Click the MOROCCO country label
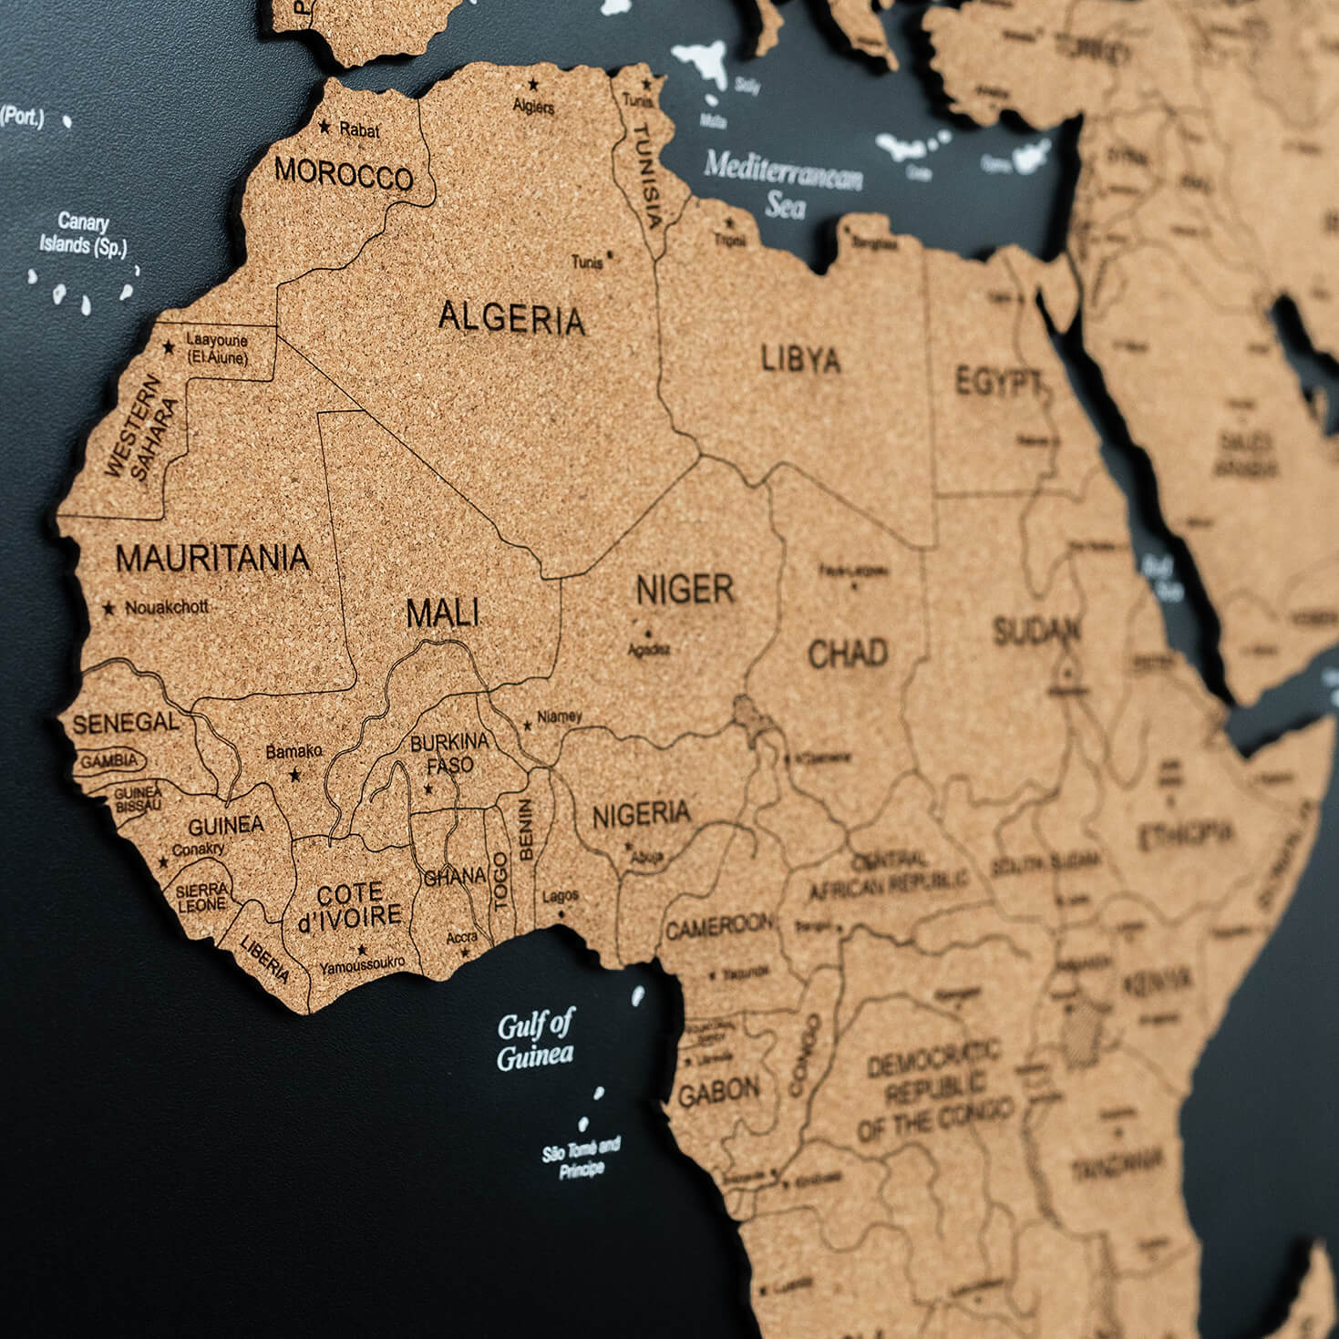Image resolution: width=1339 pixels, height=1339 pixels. [344, 172]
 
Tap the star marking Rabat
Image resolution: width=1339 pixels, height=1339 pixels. [324, 128]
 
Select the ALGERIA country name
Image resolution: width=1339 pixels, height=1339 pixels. [511, 318]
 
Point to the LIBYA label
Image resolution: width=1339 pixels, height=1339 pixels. [800, 359]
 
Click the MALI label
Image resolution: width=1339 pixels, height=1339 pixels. [443, 613]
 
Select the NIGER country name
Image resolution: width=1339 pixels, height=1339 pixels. [685, 590]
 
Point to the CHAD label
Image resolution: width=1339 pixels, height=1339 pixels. [848, 653]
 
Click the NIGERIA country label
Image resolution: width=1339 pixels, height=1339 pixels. [642, 814]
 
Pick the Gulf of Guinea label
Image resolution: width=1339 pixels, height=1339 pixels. [535, 1041]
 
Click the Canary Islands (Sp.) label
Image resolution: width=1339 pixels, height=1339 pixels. [83, 233]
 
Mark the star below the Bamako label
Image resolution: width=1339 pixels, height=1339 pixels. [294, 776]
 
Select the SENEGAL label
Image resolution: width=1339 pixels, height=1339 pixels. [126, 724]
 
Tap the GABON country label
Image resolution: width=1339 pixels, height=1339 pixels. [719, 1091]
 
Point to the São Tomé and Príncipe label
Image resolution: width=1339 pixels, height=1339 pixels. [582, 1157]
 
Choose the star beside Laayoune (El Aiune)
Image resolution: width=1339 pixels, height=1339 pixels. [169, 347]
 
